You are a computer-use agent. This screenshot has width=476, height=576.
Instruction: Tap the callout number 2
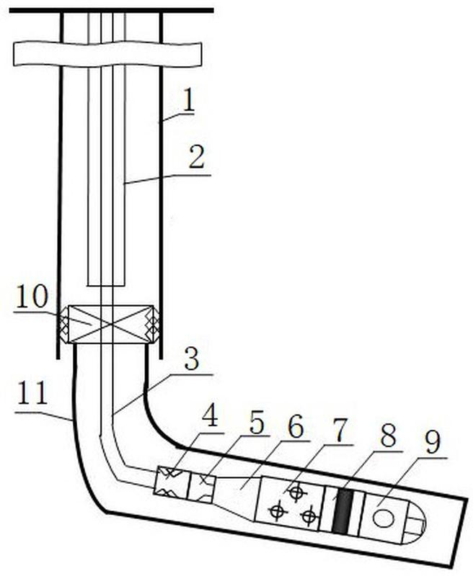(197, 158)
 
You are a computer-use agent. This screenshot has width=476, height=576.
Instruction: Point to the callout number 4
(210, 415)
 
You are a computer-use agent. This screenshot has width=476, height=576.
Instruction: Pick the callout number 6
(296, 426)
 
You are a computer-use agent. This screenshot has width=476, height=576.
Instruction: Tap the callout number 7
(339, 431)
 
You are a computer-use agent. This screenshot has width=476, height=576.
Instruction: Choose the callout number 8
(388, 436)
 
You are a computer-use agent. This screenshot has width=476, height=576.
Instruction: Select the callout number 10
(32, 296)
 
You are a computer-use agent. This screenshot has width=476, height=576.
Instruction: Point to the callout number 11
(32, 393)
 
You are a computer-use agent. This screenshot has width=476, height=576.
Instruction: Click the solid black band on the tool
(340, 511)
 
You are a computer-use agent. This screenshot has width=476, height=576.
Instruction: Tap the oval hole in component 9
(383, 518)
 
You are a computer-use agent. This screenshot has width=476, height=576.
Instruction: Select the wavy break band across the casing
(107, 54)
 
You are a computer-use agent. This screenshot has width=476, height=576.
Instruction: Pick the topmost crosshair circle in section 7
(296, 492)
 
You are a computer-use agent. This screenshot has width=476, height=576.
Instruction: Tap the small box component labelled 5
(200, 488)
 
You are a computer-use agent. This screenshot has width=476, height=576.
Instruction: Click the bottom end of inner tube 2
(106, 286)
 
